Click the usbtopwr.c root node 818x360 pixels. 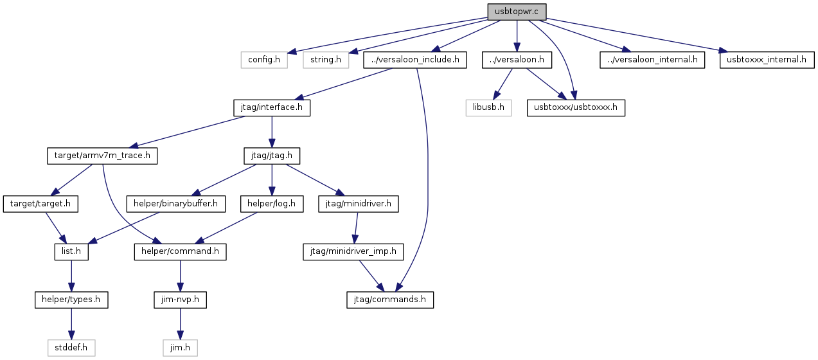tap(517, 12)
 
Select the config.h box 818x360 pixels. tap(264, 60)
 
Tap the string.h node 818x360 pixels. tap(326, 60)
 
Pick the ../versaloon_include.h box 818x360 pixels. tap(415, 60)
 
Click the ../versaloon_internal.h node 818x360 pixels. tap(652, 60)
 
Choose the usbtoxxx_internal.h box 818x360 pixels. tap(767, 60)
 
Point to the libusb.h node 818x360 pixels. tap(488, 108)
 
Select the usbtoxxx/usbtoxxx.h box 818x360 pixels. tap(576, 108)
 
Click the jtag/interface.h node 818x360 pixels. tap(272, 108)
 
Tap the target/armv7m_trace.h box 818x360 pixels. tap(102, 156)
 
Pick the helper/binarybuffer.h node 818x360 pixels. tap(175, 204)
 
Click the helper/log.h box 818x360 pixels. tap(272, 204)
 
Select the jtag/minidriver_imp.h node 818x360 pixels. tap(353, 252)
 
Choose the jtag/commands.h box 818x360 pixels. tap(390, 300)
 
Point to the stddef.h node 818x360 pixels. tap(71, 348)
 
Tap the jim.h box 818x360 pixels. tap(180, 348)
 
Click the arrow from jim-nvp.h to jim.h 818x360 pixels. tap(180, 324)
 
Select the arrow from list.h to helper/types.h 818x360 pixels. tap(71, 276)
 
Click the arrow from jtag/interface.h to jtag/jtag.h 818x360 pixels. tap(272, 132)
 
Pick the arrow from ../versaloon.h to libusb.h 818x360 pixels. tap(502, 84)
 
